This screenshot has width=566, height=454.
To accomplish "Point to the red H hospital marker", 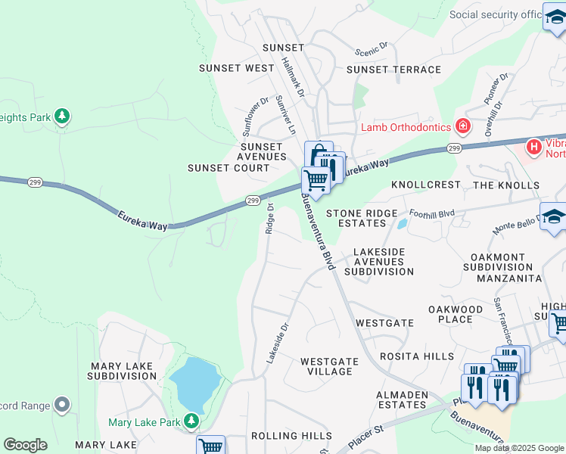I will click(x=534, y=146).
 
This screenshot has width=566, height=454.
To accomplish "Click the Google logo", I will click(x=25, y=445).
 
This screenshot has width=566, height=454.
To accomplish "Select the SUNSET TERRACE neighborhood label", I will click(x=393, y=70).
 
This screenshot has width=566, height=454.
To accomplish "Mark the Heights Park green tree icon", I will click(x=63, y=116).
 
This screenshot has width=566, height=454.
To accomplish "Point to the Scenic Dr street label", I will click(x=371, y=48).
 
